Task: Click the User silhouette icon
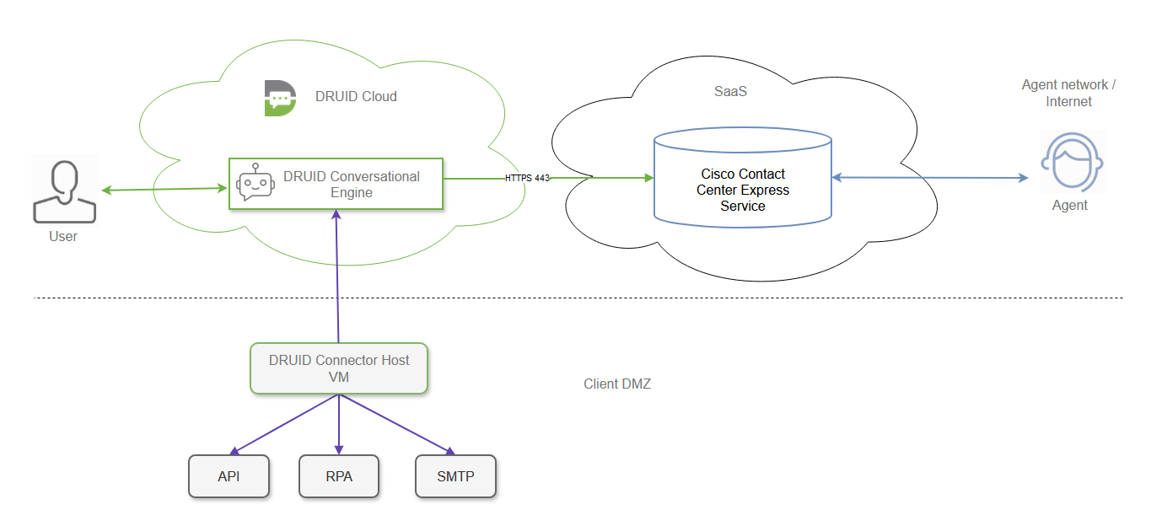point(65,191)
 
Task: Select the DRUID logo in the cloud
point(280,98)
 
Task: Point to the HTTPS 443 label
point(528,178)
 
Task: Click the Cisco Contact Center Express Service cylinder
point(743,178)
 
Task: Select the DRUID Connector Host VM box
point(339,368)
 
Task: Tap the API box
point(229,476)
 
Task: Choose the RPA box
point(339,476)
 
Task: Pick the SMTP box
point(455,476)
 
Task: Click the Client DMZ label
point(617,384)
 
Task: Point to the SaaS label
point(730,91)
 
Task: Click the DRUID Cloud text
point(356,96)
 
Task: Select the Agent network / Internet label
point(1068,94)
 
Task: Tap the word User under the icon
point(63,237)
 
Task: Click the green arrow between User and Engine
point(165,189)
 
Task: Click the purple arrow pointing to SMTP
point(396,425)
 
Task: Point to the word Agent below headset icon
point(1069,206)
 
